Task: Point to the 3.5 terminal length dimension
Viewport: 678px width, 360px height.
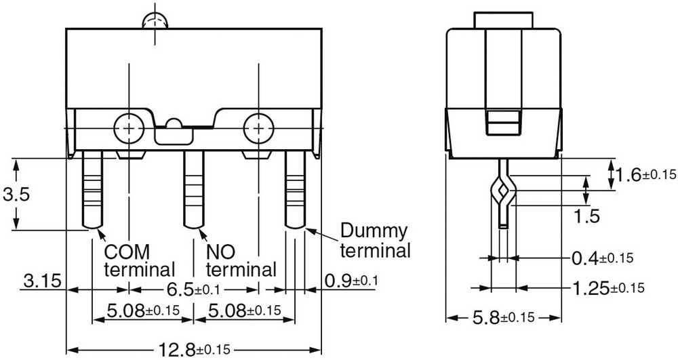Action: pyautogui.click(x=16, y=195)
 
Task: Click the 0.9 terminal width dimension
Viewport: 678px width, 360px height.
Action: pyautogui.click(x=351, y=281)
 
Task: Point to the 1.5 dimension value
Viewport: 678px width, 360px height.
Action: pyautogui.click(x=586, y=216)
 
